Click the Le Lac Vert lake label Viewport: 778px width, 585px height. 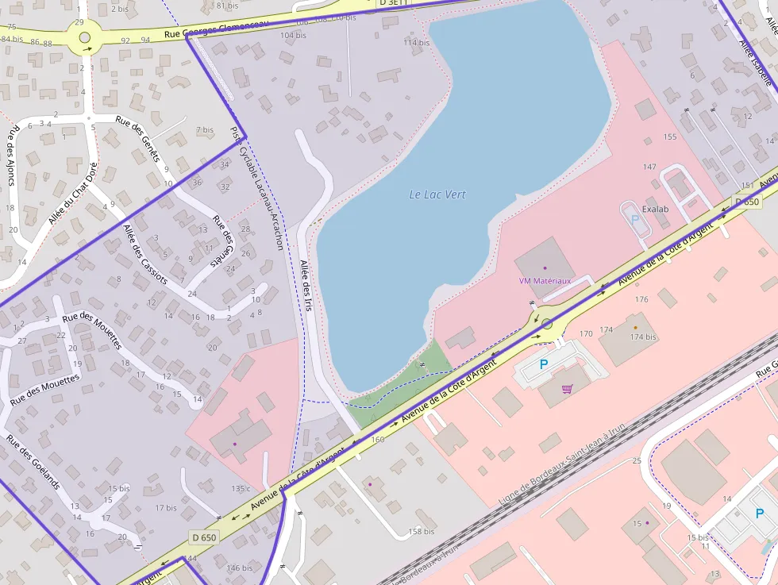pos(437,194)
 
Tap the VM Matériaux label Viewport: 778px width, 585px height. pos(545,281)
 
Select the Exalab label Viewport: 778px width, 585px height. pos(655,210)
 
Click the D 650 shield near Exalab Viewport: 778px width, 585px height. pos(747,202)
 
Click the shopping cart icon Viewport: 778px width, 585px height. pos(567,389)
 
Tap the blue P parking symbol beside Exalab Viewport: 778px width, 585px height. pos(634,218)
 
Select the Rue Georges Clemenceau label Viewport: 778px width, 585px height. pos(215,30)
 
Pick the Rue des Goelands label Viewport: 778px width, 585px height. pos(33,461)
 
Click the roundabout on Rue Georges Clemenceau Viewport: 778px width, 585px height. pos(85,37)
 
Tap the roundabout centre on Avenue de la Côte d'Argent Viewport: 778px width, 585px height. pos(547,323)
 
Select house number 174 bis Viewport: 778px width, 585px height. pos(643,337)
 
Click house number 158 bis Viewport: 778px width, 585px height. pos(422,532)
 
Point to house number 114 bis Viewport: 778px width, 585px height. pos(416,42)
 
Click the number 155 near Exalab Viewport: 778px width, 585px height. pos(670,137)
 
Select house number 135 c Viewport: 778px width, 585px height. pos(241,488)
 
